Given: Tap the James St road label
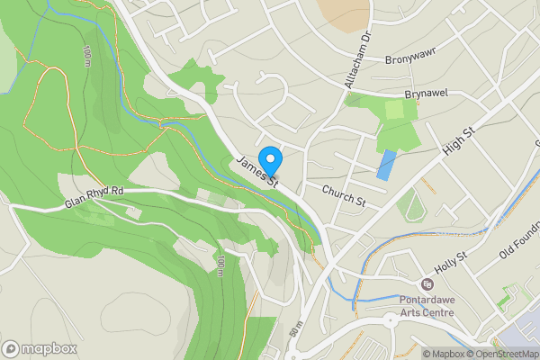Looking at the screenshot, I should tap(259, 172).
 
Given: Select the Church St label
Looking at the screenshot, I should tap(343, 195).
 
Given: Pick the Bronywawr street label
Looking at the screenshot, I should tap(410, 61).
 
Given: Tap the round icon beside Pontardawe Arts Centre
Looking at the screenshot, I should tap(427, 283).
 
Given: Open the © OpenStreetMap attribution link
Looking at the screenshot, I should tap(500, 353).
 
